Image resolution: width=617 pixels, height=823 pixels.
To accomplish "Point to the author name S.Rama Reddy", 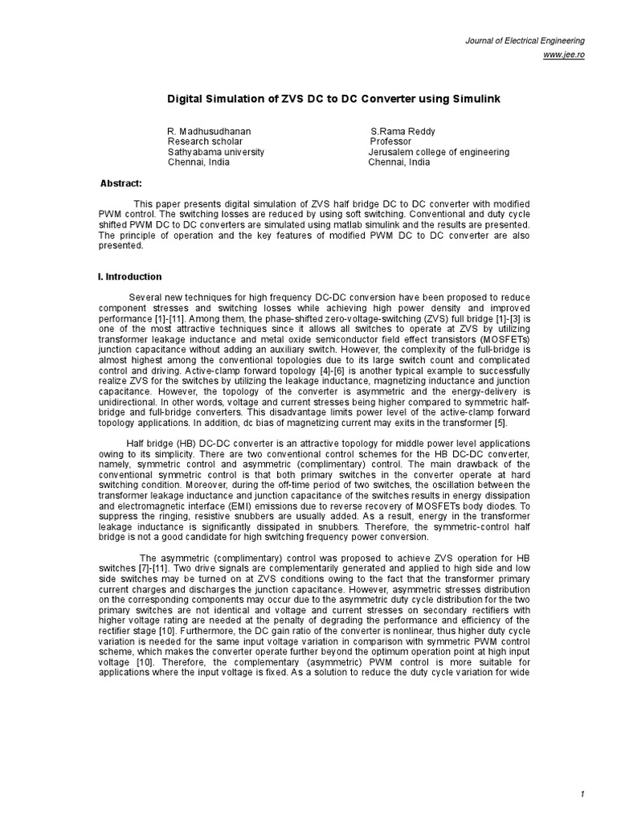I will pos(404,131).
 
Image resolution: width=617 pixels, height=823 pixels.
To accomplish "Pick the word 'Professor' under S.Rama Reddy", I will pos(390,141).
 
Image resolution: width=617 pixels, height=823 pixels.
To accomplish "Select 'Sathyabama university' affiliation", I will pos(215,152).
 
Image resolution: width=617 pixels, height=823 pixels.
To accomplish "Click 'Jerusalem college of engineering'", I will pos(439,152).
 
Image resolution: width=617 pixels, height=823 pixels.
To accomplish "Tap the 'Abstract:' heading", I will pos(121,184).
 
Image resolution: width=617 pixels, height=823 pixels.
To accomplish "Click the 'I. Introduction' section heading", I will pos(129,276).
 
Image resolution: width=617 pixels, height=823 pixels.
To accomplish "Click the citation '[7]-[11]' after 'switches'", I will pos(139,568).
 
